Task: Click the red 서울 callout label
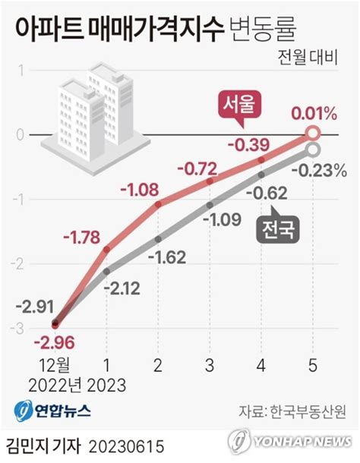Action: point(240,104)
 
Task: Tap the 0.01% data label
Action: point(314,114)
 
